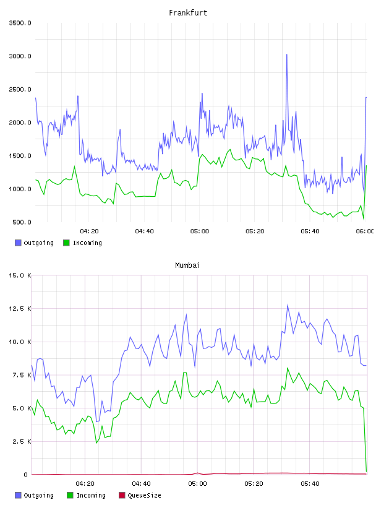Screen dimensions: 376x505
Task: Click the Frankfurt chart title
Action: [188, 13]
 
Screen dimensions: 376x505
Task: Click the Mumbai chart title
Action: [187, 265]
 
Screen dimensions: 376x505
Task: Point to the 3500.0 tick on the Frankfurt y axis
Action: [20, 23]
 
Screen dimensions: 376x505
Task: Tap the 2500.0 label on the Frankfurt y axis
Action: [20, 89]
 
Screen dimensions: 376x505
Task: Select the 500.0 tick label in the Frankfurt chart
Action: [22, 222]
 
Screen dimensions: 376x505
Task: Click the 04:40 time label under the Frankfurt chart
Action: [144, 231]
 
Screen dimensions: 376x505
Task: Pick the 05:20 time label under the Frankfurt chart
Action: [255, 231]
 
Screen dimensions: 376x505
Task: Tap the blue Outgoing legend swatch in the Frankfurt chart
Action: [18, 243]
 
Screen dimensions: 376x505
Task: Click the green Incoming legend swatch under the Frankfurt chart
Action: [66, 243]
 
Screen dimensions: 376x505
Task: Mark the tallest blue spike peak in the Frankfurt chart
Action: [287, 54]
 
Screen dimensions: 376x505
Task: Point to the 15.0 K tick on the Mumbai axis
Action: [20, 275]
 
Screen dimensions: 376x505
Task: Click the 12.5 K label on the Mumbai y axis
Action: [20, 309]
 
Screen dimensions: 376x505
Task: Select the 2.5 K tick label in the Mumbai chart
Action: [22, 441]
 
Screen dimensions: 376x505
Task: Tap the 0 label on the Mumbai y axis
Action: [26, 475]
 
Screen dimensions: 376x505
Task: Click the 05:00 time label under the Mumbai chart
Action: [197, 484]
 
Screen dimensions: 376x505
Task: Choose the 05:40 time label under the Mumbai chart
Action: [310, 484]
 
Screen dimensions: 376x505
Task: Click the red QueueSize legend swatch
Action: [122, 495]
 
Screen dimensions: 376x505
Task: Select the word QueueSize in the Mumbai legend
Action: [145, 495]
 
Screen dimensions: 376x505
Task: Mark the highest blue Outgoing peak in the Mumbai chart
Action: [288, 305]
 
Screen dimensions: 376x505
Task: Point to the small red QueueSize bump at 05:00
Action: [197, 473]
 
